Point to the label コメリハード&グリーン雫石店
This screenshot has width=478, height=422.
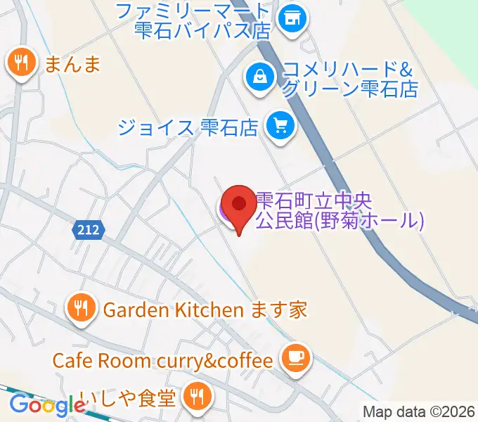[x=349, y=79]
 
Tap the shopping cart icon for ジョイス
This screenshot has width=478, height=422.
[x=280, y=127]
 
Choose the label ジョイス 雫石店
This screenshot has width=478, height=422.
[x=188, y=127]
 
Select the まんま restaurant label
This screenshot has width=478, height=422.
[x=72, y=65]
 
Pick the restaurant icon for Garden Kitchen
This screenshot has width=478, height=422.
[x=82, y=309]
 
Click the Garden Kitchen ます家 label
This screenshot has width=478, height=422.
[x=205, y=309]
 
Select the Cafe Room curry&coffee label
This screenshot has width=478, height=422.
[x=162, y=361]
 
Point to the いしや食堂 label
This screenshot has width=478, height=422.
[x=127, y=399]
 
